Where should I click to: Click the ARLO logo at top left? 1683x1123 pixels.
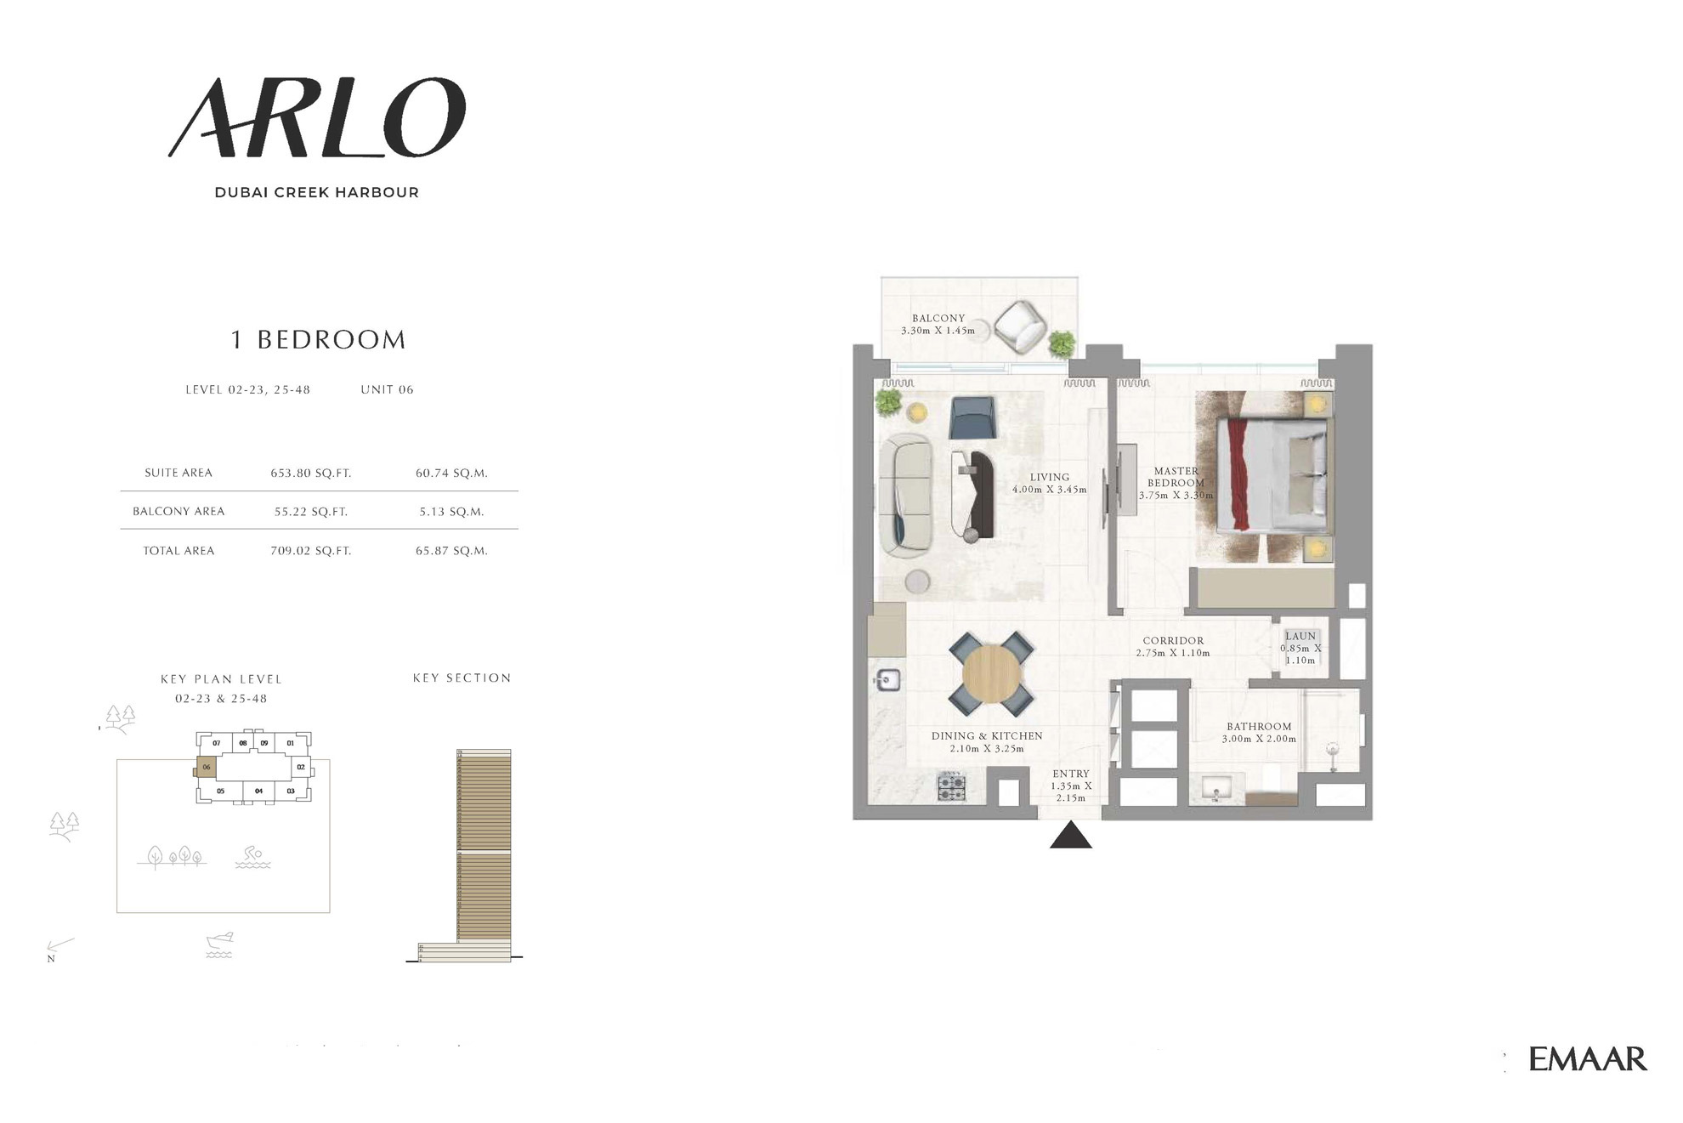(x=316, y=118)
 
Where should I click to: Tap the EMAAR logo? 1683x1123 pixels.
(x=1587, y=1058)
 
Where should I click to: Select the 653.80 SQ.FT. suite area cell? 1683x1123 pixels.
(x=311, y=473)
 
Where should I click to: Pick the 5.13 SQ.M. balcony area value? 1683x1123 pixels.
(x=451, y=512)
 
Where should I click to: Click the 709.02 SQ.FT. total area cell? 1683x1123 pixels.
(x=311, y=551)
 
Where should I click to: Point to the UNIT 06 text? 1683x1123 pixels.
(x=387, y=389)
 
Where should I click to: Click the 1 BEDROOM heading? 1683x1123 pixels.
(x=319, y=340)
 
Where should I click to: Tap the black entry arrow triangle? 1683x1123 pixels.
(x=1071, y=834)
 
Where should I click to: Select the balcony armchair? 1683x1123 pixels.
(x=1020, y=326)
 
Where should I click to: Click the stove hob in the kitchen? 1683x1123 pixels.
(x=951, y=786)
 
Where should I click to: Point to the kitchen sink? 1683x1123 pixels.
(x=888, y=679)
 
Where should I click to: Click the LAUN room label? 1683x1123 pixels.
(x=1300, y=636)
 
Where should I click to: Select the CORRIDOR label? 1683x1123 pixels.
(x=1173, y=641)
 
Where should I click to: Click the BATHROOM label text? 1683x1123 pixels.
(x=1259, y=727)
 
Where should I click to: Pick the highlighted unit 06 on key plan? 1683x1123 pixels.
(x=206, y=768)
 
